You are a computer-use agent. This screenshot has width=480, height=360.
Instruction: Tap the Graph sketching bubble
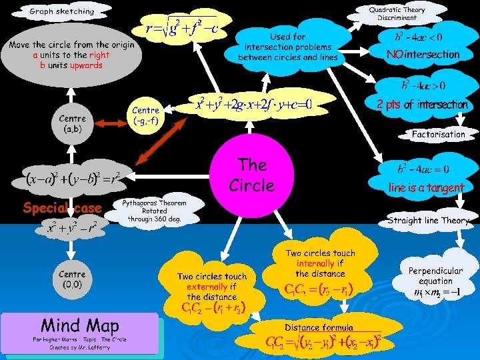pos(62,11)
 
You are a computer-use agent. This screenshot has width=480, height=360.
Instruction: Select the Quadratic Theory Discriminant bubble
pos(397,13)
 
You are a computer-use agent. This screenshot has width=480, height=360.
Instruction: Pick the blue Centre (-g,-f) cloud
pos(145,115)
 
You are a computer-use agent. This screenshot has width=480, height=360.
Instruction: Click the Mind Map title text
pos(79,325)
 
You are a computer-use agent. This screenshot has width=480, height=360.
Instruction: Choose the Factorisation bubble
pos(438,134)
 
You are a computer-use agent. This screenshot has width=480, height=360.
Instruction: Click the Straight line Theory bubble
pos(428,220)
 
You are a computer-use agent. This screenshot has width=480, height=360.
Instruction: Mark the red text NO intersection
pos(423,55)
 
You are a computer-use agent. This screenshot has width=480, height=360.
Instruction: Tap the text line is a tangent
pos(426,188)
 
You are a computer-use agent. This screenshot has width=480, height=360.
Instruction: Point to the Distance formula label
pos(319,327)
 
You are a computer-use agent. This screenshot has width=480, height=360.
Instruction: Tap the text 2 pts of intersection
pos(422,105)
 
